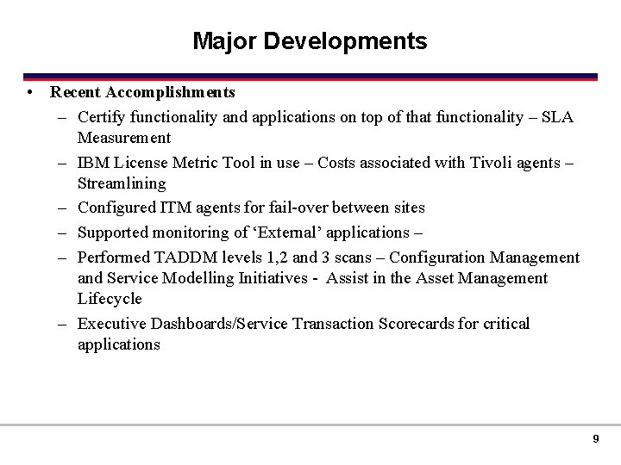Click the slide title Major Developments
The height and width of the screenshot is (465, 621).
point(310,41)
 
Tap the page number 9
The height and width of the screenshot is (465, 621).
point(595,439)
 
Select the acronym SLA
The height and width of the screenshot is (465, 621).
point(558,116)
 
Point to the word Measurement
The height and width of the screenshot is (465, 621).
point(124,137)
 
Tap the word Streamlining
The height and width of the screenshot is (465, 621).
point(122,183)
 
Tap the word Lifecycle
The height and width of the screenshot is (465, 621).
point(110,299)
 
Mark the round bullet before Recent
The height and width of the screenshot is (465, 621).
point(30,91)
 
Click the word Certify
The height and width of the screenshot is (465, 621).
point(102,116)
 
